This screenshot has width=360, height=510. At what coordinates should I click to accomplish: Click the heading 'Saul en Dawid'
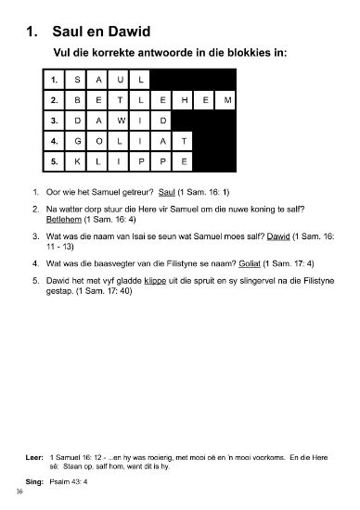tap(108, 32)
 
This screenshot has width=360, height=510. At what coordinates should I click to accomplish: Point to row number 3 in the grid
tap(55, 120)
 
